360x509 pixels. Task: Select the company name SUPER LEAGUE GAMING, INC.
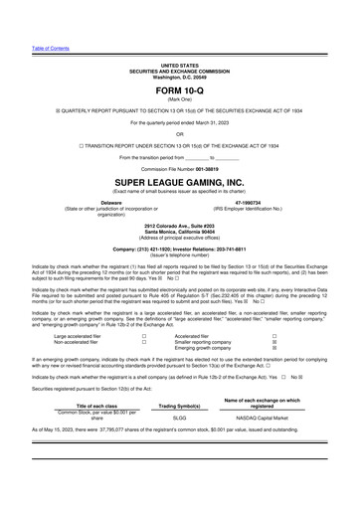click(x=179, y=182)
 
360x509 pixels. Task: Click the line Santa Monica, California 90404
click(x=179, y=233)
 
